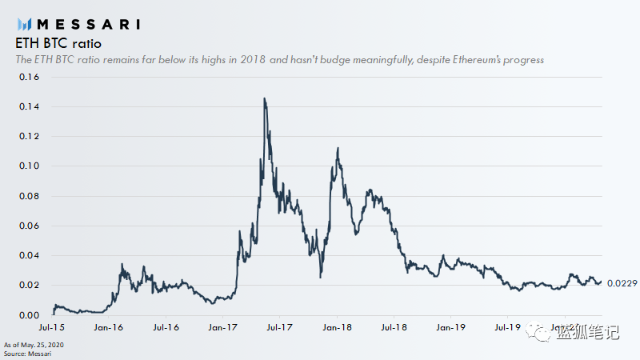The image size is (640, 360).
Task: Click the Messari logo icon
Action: (x=24, y=23)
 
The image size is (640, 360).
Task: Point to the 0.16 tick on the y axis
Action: (x=28, y=77)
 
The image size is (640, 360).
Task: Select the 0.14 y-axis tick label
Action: (x=28, y=107)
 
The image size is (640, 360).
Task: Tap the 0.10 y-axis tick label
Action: (x=28, y=166)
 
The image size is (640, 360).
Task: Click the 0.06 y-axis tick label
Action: (x=28, y=226)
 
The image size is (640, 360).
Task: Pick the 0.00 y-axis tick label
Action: (x=28, y=315)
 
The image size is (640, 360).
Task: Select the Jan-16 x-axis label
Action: (x=108, y=328)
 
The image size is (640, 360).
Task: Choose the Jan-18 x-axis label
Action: (x=336, y=328)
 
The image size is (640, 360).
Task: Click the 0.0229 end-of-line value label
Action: (x=621, y=283)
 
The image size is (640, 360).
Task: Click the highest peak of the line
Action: (x=264, y=98)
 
